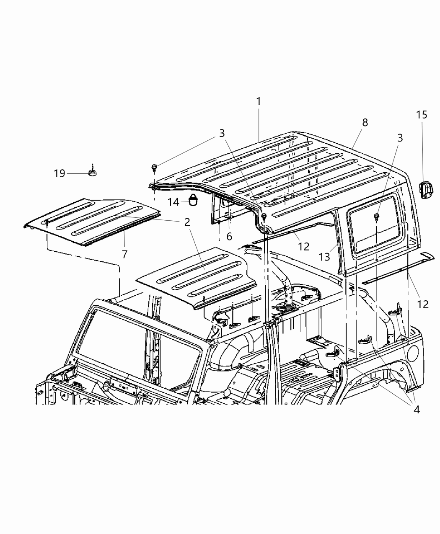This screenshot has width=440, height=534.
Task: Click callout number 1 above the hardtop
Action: (259, 101)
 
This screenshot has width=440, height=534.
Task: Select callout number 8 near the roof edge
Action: (365, 122)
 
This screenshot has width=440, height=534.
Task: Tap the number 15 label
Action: (422, 115)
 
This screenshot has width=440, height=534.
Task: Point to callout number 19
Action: (60, 173)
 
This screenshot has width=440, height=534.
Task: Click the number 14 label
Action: (173, 202)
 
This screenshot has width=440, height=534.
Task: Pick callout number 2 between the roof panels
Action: (187, 222)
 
